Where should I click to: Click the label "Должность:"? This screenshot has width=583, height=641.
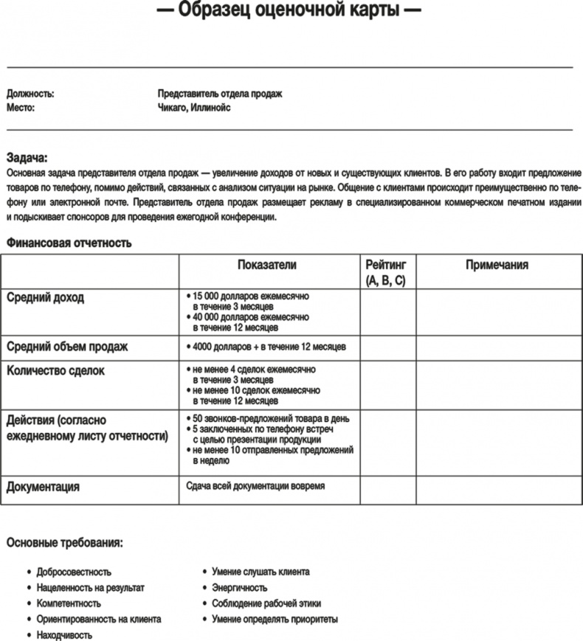tap(30, 94)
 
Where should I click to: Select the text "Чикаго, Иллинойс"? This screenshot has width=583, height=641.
tap(194, 108)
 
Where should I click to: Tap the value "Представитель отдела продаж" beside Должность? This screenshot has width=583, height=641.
tap(220, 94)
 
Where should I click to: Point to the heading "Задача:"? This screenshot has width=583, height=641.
tap(27, 157)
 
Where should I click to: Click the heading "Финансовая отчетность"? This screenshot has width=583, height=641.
tap(69, 242)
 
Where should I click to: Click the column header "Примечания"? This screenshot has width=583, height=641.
tap(497, 265)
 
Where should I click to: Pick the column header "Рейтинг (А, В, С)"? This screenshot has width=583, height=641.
tap(386, 272)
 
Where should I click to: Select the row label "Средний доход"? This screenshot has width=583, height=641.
tap(45, 298)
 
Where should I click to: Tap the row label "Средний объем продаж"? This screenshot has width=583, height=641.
tap(67, 346)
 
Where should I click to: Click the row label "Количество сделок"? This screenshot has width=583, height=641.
tap(55, 371)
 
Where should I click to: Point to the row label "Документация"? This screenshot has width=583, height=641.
tap(43, 487)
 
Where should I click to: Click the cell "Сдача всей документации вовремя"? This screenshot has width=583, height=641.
tap(255, 486)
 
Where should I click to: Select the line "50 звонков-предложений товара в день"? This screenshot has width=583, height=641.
tap(271, 418)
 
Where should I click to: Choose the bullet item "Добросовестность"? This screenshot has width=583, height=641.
tap(74, 572)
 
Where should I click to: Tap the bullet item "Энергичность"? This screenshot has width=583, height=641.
tap(239, 588)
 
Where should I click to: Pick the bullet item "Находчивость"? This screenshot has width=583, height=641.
tap(63, 635)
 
